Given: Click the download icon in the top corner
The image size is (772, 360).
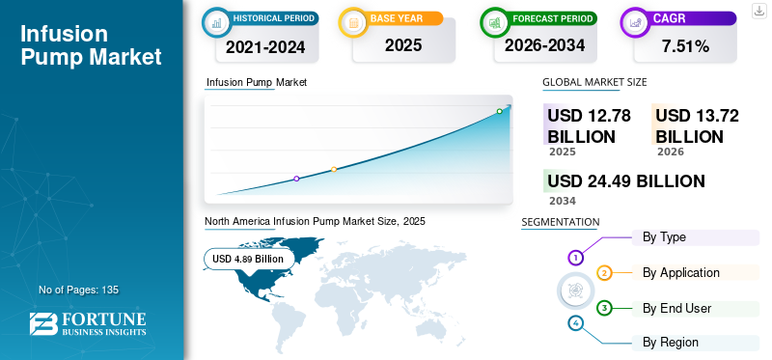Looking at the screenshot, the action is tap(758, 11).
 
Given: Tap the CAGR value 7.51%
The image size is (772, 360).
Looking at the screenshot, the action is tap(685, 46).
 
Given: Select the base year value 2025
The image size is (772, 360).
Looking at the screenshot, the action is tap(403, 45).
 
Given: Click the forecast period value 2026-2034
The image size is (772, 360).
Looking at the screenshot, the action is tap(544, 45).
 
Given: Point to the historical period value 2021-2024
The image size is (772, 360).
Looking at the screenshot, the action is tap(265, 47).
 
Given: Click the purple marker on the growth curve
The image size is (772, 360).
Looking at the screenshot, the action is tap(296, 179).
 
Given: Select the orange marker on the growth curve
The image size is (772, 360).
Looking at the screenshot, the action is tap(334, 170).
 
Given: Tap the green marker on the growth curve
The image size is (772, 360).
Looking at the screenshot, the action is tap(499, 111).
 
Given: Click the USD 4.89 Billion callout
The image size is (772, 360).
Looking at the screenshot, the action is tap(249, 259).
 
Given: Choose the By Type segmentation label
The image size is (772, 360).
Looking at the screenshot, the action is tap(664, 237).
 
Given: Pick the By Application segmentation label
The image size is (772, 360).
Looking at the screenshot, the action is tap(681, 273).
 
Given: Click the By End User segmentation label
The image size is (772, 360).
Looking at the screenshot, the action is tap(677, 308).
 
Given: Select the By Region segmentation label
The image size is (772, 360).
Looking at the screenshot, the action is tap(670, 343).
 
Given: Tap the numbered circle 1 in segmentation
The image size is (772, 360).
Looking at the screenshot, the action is tap(575, 257).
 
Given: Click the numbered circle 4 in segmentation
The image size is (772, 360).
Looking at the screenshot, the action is tap(575, 323).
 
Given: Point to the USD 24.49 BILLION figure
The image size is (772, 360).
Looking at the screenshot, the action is tap(626, 181).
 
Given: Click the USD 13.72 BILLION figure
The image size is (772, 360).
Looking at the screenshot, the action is tap(697, 126).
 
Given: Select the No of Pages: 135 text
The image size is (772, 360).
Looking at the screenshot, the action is tap(79, 290).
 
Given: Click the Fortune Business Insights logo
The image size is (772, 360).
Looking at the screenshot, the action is tap(88, 323).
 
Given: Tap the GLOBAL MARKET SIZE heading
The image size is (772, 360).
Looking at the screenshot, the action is tap(594, 82).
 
